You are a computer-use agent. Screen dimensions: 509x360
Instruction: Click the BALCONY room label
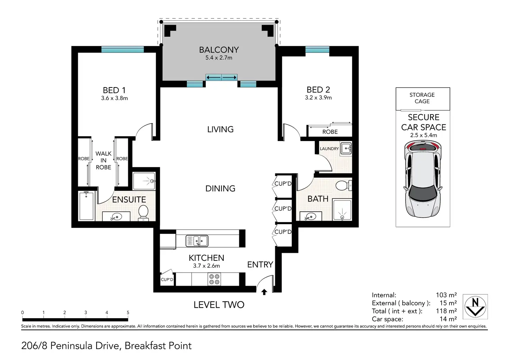point(219,50)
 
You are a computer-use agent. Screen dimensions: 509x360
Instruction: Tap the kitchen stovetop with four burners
point(214,279)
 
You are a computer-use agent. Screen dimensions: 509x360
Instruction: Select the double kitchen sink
point(197,241)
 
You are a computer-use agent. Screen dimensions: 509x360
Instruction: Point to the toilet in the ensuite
point(144,213)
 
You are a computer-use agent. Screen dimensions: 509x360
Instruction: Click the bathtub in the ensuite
point(86,206)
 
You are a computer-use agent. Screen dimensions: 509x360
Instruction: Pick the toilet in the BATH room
point(344,186)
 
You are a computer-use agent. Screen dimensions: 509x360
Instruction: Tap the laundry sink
point(346,149)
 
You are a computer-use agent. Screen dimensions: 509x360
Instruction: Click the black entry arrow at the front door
point(264,292)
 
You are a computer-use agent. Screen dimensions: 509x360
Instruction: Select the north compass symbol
point(475,307)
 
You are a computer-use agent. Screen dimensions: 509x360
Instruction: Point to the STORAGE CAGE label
point(422,98)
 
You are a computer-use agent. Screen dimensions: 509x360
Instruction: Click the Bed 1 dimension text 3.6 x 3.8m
point(114,98)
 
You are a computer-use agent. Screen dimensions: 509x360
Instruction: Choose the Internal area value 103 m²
point(446,295)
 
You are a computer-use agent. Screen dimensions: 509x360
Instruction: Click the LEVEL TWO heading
point(219,305)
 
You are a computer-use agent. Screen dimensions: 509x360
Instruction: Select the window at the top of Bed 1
point(122,49)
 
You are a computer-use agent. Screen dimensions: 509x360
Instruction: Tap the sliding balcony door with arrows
point(222,77)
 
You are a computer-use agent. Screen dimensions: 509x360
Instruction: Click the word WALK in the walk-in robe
point(103,154)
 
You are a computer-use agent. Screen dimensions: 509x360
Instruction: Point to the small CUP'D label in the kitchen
point(167,279)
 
